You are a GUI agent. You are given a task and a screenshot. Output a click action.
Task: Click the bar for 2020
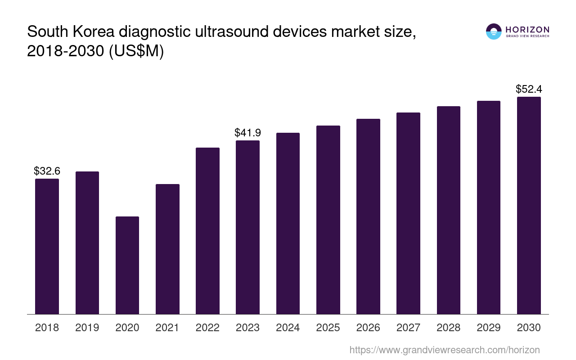tap(127, 265)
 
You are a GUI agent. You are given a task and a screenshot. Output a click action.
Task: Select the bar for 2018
tap(47, 246)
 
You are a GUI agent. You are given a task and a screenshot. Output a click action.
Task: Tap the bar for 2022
tap(207, 230)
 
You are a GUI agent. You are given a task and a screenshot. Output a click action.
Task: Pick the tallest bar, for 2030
tap(529, 205)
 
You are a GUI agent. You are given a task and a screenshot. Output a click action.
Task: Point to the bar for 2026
tap(368, 216)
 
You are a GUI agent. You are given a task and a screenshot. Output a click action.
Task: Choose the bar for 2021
tap(167, 249)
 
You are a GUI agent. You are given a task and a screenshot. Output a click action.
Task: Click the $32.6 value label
tap(47, 171)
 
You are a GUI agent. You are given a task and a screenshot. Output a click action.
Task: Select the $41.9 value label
tap(247, 133)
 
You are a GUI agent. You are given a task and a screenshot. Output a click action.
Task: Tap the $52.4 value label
tap(529, 89)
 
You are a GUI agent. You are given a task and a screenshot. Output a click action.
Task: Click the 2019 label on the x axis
tap(87, 328)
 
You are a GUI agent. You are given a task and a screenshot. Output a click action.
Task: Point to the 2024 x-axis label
tap(288, 328)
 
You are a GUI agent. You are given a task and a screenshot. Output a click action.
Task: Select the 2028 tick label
tap(449, 328)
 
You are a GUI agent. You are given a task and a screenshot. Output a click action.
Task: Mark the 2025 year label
tap(328, 328)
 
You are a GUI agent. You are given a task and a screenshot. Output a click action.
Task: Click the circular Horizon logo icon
tap(494, 31)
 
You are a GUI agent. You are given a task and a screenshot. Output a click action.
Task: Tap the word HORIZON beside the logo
tap(527, 29)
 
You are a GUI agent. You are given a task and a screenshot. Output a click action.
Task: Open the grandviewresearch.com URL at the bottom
tap(444, 350)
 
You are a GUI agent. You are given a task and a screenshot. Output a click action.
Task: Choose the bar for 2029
tap(489, 207)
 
